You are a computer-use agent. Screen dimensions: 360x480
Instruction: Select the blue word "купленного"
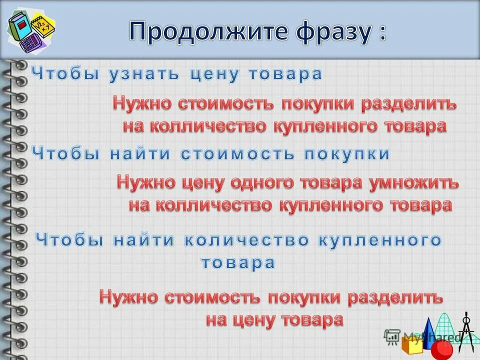380,241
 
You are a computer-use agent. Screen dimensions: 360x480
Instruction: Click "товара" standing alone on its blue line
238,263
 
